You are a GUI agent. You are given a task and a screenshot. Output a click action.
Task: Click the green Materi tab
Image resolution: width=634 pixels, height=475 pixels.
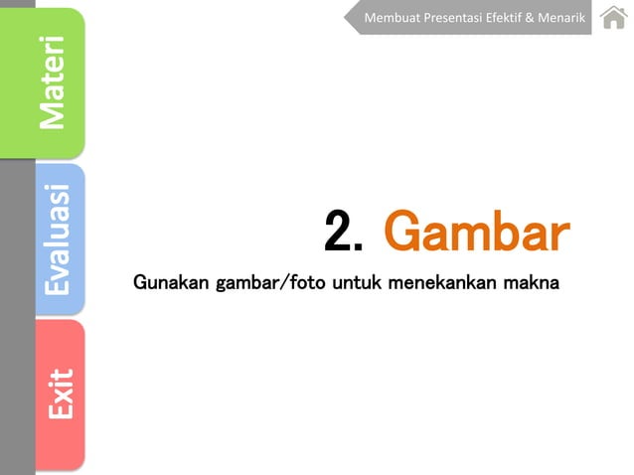[x=58, y=82]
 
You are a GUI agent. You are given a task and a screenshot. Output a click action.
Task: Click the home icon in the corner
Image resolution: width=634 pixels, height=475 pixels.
[x=613, y=17]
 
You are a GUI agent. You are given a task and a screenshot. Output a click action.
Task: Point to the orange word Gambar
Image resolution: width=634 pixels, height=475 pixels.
[x=476, y=233]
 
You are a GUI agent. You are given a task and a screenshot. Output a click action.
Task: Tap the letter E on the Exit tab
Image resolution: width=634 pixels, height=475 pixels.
[x=59, y=407]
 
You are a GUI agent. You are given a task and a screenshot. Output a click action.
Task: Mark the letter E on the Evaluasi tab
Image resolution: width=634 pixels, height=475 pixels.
[x=57, y=284]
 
